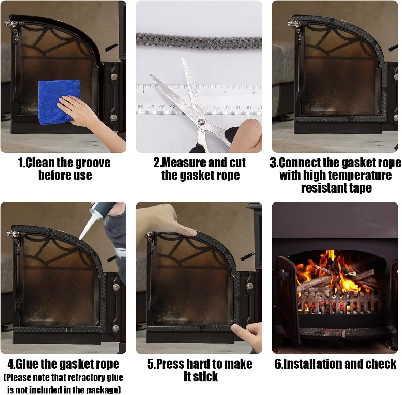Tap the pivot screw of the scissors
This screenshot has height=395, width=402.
tap(200, 122)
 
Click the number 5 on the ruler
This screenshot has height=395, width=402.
tap(253, 92)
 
